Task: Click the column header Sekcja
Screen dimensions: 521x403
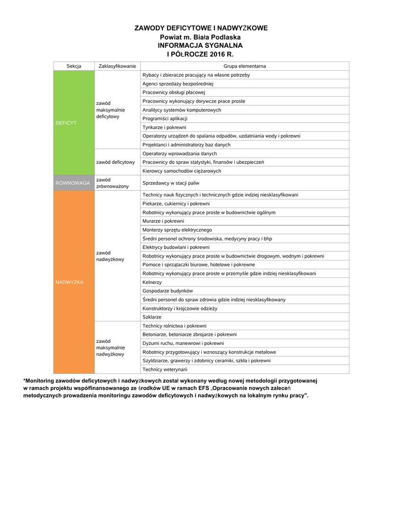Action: click(x=74, y=66)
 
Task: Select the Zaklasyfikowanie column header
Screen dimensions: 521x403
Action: click(x=117, y=66)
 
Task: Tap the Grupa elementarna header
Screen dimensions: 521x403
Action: click(x=245, y=66)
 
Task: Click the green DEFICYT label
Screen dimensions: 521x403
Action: click(x=66, y=123)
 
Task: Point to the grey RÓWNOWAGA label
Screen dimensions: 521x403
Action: click(x=73, y=183)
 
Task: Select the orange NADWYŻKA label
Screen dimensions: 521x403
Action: click(x=69, y=282)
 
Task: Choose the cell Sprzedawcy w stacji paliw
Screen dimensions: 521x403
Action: click(x=171, y=183)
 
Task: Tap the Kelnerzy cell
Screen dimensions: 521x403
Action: click(x=152, y=282)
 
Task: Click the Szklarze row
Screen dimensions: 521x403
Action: click(x=152, y=317)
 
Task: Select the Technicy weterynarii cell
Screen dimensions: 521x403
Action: click(x=165, y=369)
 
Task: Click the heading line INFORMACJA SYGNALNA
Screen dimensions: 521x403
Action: click(x=200, y=45)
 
